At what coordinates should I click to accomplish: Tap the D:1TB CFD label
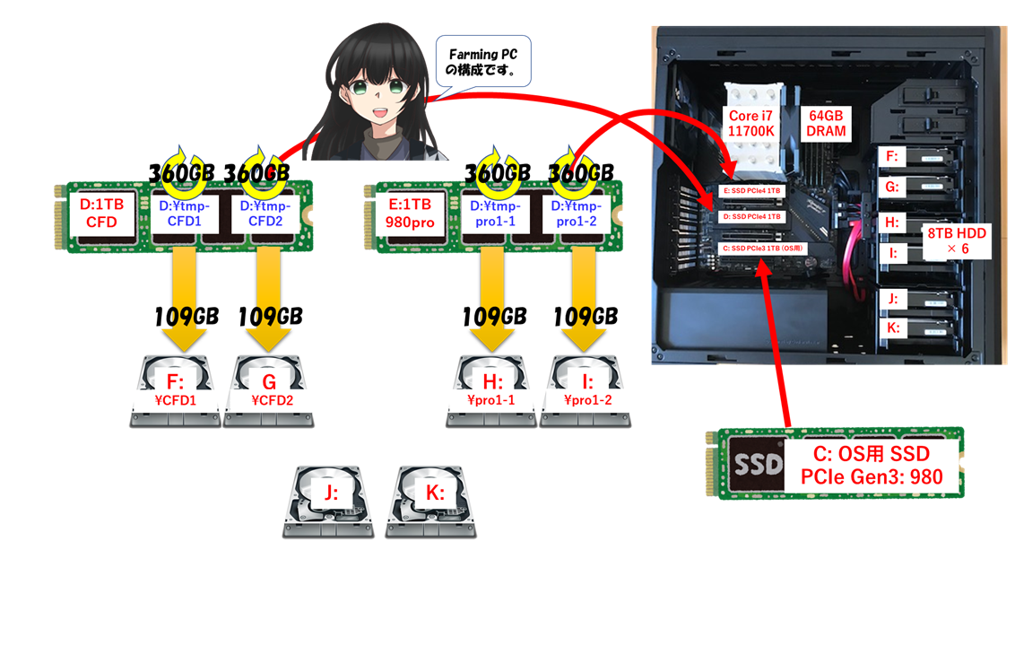pos(101,214)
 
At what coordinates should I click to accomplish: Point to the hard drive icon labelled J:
pos(328,502)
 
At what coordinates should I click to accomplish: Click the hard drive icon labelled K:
pos(432,502)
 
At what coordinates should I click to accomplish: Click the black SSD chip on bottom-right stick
pos(752,464)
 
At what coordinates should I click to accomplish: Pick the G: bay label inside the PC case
pos(891,188)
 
